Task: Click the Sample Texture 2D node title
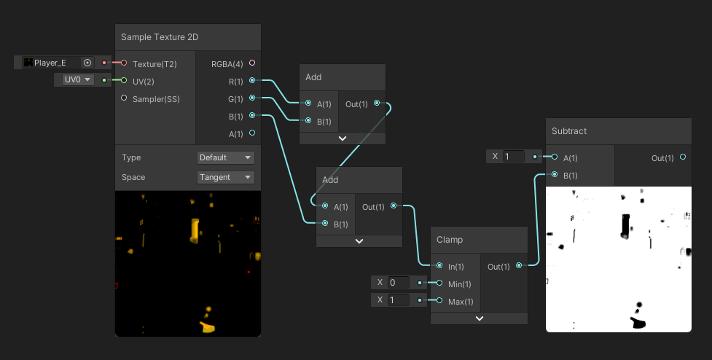pos(160,37)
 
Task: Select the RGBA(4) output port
pos(252,63)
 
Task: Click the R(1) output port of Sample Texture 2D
pos(252,80)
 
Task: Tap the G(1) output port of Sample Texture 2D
pos(252,98)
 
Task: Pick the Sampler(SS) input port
pos(124,98)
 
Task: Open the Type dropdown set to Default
pos(226,157)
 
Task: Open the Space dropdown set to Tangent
pos(226,177)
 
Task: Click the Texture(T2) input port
pos(124,63)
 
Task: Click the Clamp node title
pos(450,239)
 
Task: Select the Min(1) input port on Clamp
pos(439,283)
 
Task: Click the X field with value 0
pos(400,283)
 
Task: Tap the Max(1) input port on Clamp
pos(439,301)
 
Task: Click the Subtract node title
pos(569,131)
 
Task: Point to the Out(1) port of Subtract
pos(682,157)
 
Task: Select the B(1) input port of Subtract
pos(555,175)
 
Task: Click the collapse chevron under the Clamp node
pos(479,318)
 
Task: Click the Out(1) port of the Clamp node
pos(518,266)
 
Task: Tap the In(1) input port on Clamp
pos(439,266)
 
